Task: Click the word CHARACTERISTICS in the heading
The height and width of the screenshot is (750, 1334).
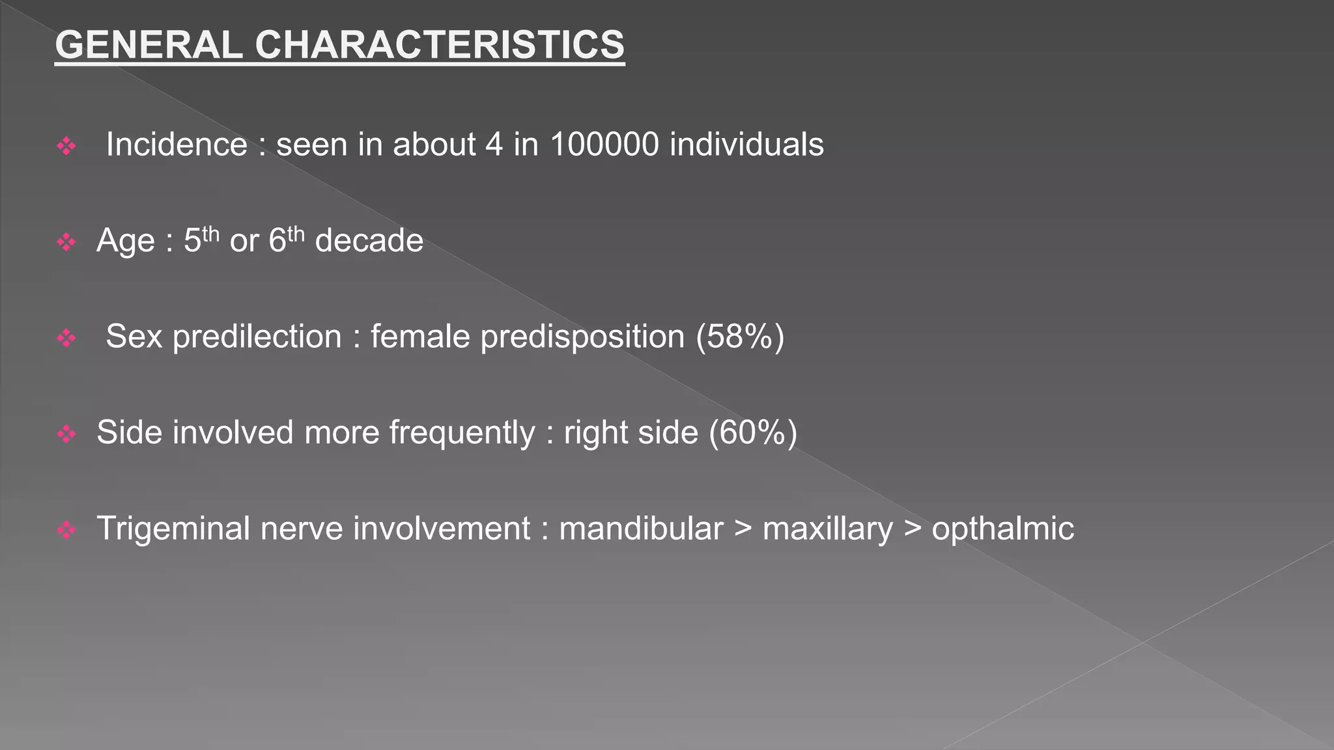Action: [440, 45]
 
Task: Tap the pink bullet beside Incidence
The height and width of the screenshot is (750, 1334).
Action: [66, 146]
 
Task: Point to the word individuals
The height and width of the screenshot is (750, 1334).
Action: [746, 144]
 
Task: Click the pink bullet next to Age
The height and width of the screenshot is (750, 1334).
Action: [66, 242]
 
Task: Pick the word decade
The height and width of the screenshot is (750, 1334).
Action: [369, 240]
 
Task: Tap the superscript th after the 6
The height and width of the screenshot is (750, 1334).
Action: [296, 234]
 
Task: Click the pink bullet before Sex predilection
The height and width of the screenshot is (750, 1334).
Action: [66, 338]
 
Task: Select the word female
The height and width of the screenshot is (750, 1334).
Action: [420, 337]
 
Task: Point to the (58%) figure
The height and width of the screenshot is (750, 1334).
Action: [740, 337]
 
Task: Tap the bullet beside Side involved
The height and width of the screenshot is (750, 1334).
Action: [66, 434]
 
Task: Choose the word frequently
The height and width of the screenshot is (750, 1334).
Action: [462, 433]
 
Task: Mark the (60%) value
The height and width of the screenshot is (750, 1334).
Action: [753, 432]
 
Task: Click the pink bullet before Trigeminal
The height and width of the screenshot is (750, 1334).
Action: [66, 530]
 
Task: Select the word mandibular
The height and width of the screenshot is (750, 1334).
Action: [641, 528]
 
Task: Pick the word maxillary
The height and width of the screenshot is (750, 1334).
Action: [828, 529]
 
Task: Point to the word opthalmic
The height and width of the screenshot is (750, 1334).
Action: [1002, 529]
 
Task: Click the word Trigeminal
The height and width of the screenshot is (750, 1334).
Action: [173, 529]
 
